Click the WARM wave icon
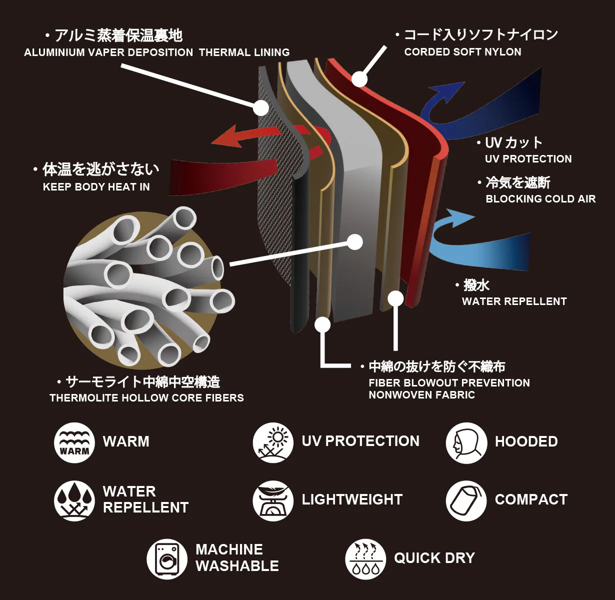[74, 442]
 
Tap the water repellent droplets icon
[74, 500]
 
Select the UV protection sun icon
[273, 442]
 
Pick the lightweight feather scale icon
[273, 500]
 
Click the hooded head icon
[466, 442]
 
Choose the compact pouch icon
[466, 500]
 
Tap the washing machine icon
[167, 558]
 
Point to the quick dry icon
[365, 558]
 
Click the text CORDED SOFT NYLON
[462, 52]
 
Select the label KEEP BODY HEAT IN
[96, 187]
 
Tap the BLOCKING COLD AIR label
[540, 199]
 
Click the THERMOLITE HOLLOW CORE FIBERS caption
[146, 398]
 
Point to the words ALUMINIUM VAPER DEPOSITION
[108, 52]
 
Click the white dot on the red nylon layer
[359, 79]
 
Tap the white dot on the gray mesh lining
[261, 107]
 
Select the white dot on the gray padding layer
[354, 242]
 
